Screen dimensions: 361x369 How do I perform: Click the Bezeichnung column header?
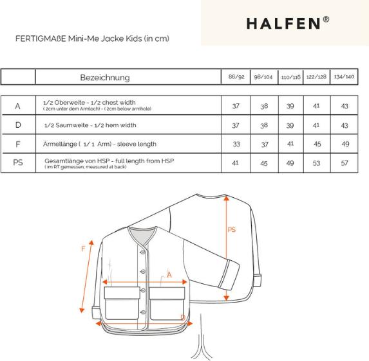[x=104, y=77]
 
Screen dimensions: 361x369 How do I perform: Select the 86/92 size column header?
[x=235, y=76]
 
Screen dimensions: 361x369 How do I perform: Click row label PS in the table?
[x=18, y=163]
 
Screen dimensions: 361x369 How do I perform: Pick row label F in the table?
[x=18, y=144]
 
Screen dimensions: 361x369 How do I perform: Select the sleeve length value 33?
[x=235, y=144]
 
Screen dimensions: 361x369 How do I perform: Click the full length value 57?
[x=344, y=163]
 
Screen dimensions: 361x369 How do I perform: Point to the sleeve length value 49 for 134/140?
[x=344, y=144]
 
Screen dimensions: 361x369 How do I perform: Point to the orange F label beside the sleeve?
[x=83, y=248]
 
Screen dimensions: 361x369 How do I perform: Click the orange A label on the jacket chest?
[x=169, y=275]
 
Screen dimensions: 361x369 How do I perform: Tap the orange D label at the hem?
[x=183, y=317]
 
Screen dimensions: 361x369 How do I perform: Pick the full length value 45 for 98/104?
[x=263, y=163]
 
